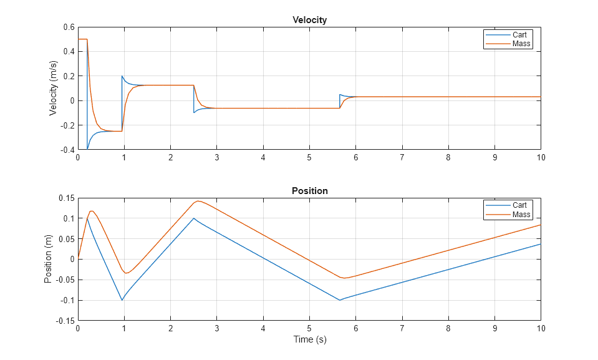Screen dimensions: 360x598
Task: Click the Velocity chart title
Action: [x=309, y=20]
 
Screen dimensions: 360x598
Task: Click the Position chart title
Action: [x=309, y=191]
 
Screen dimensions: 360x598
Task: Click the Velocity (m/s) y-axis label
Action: [x=54, y=88]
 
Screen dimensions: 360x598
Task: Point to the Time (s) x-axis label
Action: [x=309, y=340]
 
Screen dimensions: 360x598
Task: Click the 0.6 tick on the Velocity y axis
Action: [x=68, y=27]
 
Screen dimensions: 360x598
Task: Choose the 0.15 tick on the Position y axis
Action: [x=65, y=198]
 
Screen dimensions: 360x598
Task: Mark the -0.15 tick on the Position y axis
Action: [x=64, y=321]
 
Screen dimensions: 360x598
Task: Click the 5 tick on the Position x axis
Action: [x=309, y=328]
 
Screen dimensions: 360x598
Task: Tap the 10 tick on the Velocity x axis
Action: [x=541, y=157]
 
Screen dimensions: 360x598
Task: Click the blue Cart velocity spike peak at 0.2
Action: [x=122, y=76]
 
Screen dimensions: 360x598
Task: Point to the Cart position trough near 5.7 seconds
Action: [x=340, y=300]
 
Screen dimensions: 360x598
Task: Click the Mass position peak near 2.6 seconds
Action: [x=198, y=201]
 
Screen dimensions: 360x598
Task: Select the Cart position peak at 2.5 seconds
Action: [x=194, y=218]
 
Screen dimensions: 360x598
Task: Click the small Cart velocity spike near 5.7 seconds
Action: [x=340, y=95]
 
